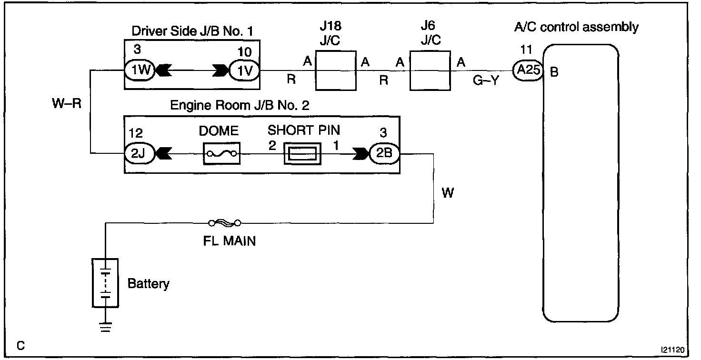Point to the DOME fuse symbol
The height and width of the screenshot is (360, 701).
[221, 153]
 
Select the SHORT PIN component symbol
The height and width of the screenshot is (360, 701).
[302, 153]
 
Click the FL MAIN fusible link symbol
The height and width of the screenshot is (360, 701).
[225, 223]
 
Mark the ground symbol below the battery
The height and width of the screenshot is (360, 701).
[105, 327]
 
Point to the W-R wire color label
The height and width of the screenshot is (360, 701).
[67, 103]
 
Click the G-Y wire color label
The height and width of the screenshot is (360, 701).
[486, 80]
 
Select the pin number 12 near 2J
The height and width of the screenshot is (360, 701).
[136, 133]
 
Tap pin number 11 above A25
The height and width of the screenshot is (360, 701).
[526, 50]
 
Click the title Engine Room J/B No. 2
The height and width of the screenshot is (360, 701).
[240, 105]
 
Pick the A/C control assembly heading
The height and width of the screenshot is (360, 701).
[576, 27]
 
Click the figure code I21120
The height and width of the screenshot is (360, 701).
[672, 350]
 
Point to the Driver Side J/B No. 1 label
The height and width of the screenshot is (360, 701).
[192, 31]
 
